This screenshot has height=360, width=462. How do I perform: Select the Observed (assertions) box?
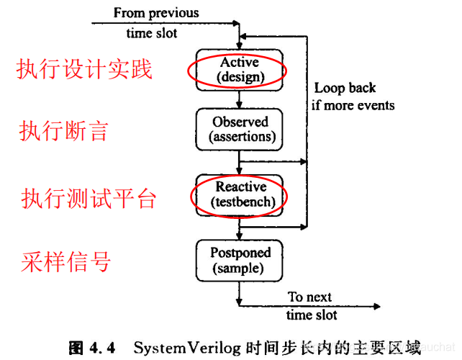[240, 129]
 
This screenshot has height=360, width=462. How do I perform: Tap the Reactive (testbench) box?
[240, 194]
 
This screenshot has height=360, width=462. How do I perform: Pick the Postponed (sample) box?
[240, 261]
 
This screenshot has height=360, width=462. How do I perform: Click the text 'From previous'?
[156, 12]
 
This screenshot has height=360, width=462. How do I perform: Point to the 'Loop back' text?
[345, 89]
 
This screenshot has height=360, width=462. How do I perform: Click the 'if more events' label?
[353, 105]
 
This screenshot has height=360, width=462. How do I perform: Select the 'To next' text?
[310, 297]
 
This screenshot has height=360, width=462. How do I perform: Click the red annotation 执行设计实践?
[84, 70]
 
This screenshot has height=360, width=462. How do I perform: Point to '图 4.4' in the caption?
[92, 348]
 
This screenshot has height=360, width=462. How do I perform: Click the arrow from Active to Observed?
[240, 99]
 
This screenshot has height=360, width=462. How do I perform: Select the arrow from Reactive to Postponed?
[240, 229]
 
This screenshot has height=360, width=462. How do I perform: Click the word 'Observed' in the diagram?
[240, 122]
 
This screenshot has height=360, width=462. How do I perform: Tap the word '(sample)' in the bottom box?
[240, 269]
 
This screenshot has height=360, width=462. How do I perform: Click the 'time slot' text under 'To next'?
[312, 315]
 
